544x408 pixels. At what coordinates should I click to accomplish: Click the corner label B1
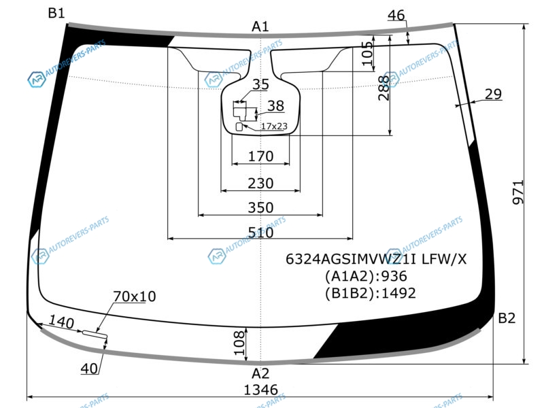tap(56, 13)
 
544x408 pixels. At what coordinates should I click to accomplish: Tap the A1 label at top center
tap(260, 27)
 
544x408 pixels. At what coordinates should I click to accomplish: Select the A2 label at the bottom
tap(260, 373)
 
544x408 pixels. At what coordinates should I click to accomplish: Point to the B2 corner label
tap(507, 318)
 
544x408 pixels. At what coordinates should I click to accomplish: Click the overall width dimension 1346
tap(261, 390)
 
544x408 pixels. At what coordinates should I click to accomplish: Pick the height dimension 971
tap(517, 192)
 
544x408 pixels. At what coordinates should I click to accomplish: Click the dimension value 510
tap(260, 232)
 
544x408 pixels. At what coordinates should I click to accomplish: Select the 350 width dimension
tap(260, 207)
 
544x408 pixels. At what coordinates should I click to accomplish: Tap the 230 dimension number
tap(260, 183)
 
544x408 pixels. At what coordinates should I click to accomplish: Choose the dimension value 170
tap(260, 156)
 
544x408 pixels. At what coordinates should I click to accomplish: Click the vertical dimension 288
tap(384, 88)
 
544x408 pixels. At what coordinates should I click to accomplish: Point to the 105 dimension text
tap(368, 53)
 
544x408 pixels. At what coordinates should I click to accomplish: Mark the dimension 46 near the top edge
tap(396, 15)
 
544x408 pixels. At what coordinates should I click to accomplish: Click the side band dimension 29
tap(493, 94)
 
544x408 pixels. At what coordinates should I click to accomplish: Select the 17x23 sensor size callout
tap(274, 126)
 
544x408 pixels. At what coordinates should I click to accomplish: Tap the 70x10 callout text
tap(135, 296)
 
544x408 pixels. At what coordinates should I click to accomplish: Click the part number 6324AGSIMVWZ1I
tap(352, 259)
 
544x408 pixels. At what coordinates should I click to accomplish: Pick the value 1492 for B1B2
tap(398, 293)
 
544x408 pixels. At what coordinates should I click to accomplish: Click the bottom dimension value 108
tap(239, 343)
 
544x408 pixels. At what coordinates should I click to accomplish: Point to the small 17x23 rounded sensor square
tap(239, 127)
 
